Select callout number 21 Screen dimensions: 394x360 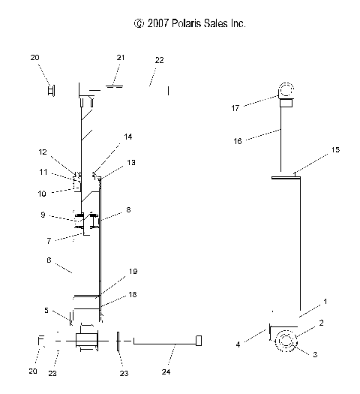(x=121, y=58)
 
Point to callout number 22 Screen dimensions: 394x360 (x=159, y=59)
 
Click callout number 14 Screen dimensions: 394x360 (x=128, y=137)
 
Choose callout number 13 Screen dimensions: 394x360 (x=131, y=162)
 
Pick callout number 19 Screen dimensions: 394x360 (x=133, y=271)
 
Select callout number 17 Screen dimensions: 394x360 (x=235, y=108)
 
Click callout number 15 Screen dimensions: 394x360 (x=335, y=150)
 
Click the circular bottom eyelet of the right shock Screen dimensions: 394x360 (x=286, y=340)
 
